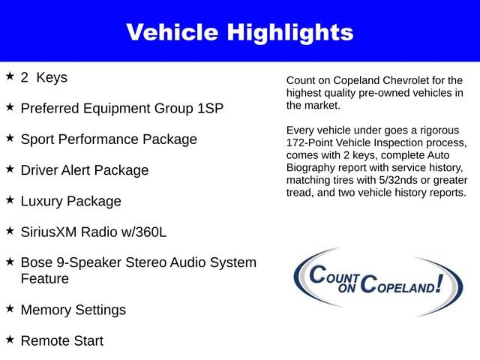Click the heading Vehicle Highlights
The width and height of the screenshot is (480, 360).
tap(239, 32)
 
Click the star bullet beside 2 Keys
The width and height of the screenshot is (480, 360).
tap(10, 76)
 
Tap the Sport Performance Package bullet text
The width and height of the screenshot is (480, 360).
tap(109, 139)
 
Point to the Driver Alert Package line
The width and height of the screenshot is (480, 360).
tap(85, 170)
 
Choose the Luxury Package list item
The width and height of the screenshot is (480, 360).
tap(70, 202)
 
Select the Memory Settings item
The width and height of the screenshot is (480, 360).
tap(73, 310)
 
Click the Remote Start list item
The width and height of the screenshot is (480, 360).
tap(62, 340)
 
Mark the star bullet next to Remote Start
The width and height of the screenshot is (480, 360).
tap(10, 339)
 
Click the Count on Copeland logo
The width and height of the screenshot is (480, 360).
tap(377, 281)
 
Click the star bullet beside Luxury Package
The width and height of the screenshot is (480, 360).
tap(10, 200)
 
